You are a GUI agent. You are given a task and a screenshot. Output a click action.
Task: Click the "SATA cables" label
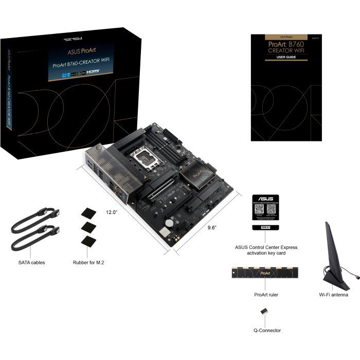(x=31, y=262)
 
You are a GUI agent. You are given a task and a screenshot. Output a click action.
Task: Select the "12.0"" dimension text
(x=113, y=212)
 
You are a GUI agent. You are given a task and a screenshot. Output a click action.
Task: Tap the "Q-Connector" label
(x=267, y=330)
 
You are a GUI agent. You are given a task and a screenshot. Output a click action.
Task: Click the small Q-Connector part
(x=264, y=312)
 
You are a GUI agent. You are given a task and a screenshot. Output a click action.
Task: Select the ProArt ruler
(x=267, y=274)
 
